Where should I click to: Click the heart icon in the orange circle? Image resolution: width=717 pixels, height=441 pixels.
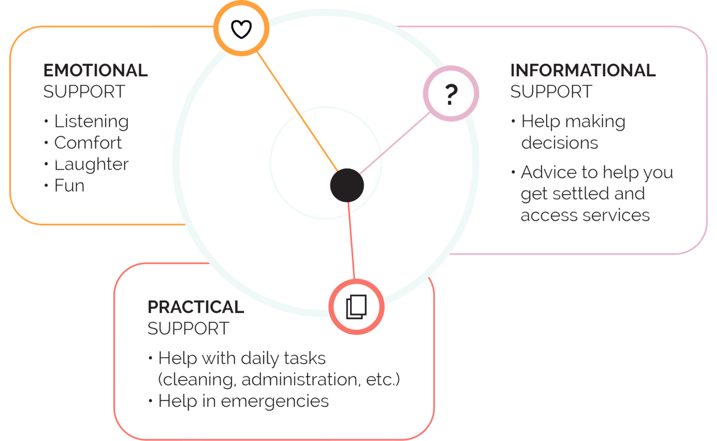pyautogui.click(x=241, y=29)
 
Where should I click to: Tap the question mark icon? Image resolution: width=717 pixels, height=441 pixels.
pyautogui.click(x=451, y=94)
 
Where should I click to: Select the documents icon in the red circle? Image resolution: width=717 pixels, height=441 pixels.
pyautogui.click(x=356, y=307)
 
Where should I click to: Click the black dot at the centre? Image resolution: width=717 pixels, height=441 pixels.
pyautogui.click(x=347, y=185)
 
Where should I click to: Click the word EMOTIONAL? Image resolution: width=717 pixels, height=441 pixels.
pyautogui.click(x=95, y=71)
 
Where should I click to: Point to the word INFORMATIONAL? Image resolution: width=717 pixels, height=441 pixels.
pyautogui.click(x=583, y=71)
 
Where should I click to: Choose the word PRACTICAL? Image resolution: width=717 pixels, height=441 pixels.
pyautogui.click(x=196, y=307)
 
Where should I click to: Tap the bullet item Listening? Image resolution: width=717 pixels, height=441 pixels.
pyautogui.click(x=92, y=121)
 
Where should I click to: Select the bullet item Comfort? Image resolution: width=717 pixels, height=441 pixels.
pyautogui.click(x=88, y=143)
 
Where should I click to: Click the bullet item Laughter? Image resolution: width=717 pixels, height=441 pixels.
pyautogui.click(x=92, y=165)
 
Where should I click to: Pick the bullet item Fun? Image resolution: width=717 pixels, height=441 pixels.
pyautogui.click(x=69, y=186)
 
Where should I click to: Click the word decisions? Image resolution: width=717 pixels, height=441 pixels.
pyautogui.click(x=559, y=143)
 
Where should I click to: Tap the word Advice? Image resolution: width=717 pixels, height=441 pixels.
pyautogui.click(x=549, y=172)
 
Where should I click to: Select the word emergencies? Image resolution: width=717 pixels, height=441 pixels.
pyautogui.click(x=275, y=402)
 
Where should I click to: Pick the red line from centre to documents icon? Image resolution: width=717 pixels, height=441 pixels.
pyautogui.click(x=351, y=241)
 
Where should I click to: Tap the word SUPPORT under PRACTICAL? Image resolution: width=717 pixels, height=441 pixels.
pyautogui.click(x=188, y=329)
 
